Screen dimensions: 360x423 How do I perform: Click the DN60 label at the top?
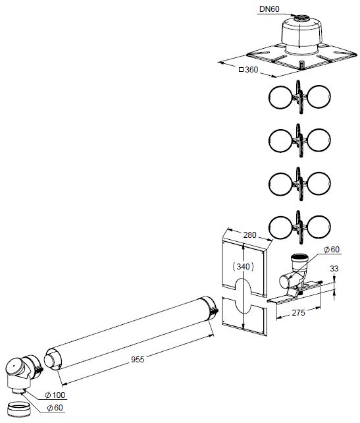(x=269, y=9)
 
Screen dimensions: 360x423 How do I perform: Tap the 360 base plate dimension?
(x=251, y=70)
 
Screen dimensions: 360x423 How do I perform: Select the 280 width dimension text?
(x=249, y=235)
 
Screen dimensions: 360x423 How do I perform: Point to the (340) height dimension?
(x=243, y=267)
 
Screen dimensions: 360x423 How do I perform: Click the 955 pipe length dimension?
(x=138, y=359)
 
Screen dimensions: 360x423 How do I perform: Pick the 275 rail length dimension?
(x=299, y=313)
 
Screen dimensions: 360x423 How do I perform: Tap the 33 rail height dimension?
(x=334, y=268)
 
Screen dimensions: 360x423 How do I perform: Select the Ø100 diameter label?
(x=55, y=395)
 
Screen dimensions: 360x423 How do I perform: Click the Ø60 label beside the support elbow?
(x=332, y=249)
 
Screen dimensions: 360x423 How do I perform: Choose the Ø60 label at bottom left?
(x=55, y=408)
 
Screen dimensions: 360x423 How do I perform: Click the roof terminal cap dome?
(x=301, y=30)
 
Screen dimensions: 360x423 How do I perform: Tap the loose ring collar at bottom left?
(x=18, y=409)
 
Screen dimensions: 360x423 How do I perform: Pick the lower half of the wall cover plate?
(x=244, y=316)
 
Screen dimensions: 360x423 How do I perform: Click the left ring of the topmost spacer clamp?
(x=280, y=97)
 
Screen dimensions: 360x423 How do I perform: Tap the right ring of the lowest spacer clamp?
(x=319, y=227)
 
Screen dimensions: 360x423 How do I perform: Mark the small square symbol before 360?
(x=241, y=70)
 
